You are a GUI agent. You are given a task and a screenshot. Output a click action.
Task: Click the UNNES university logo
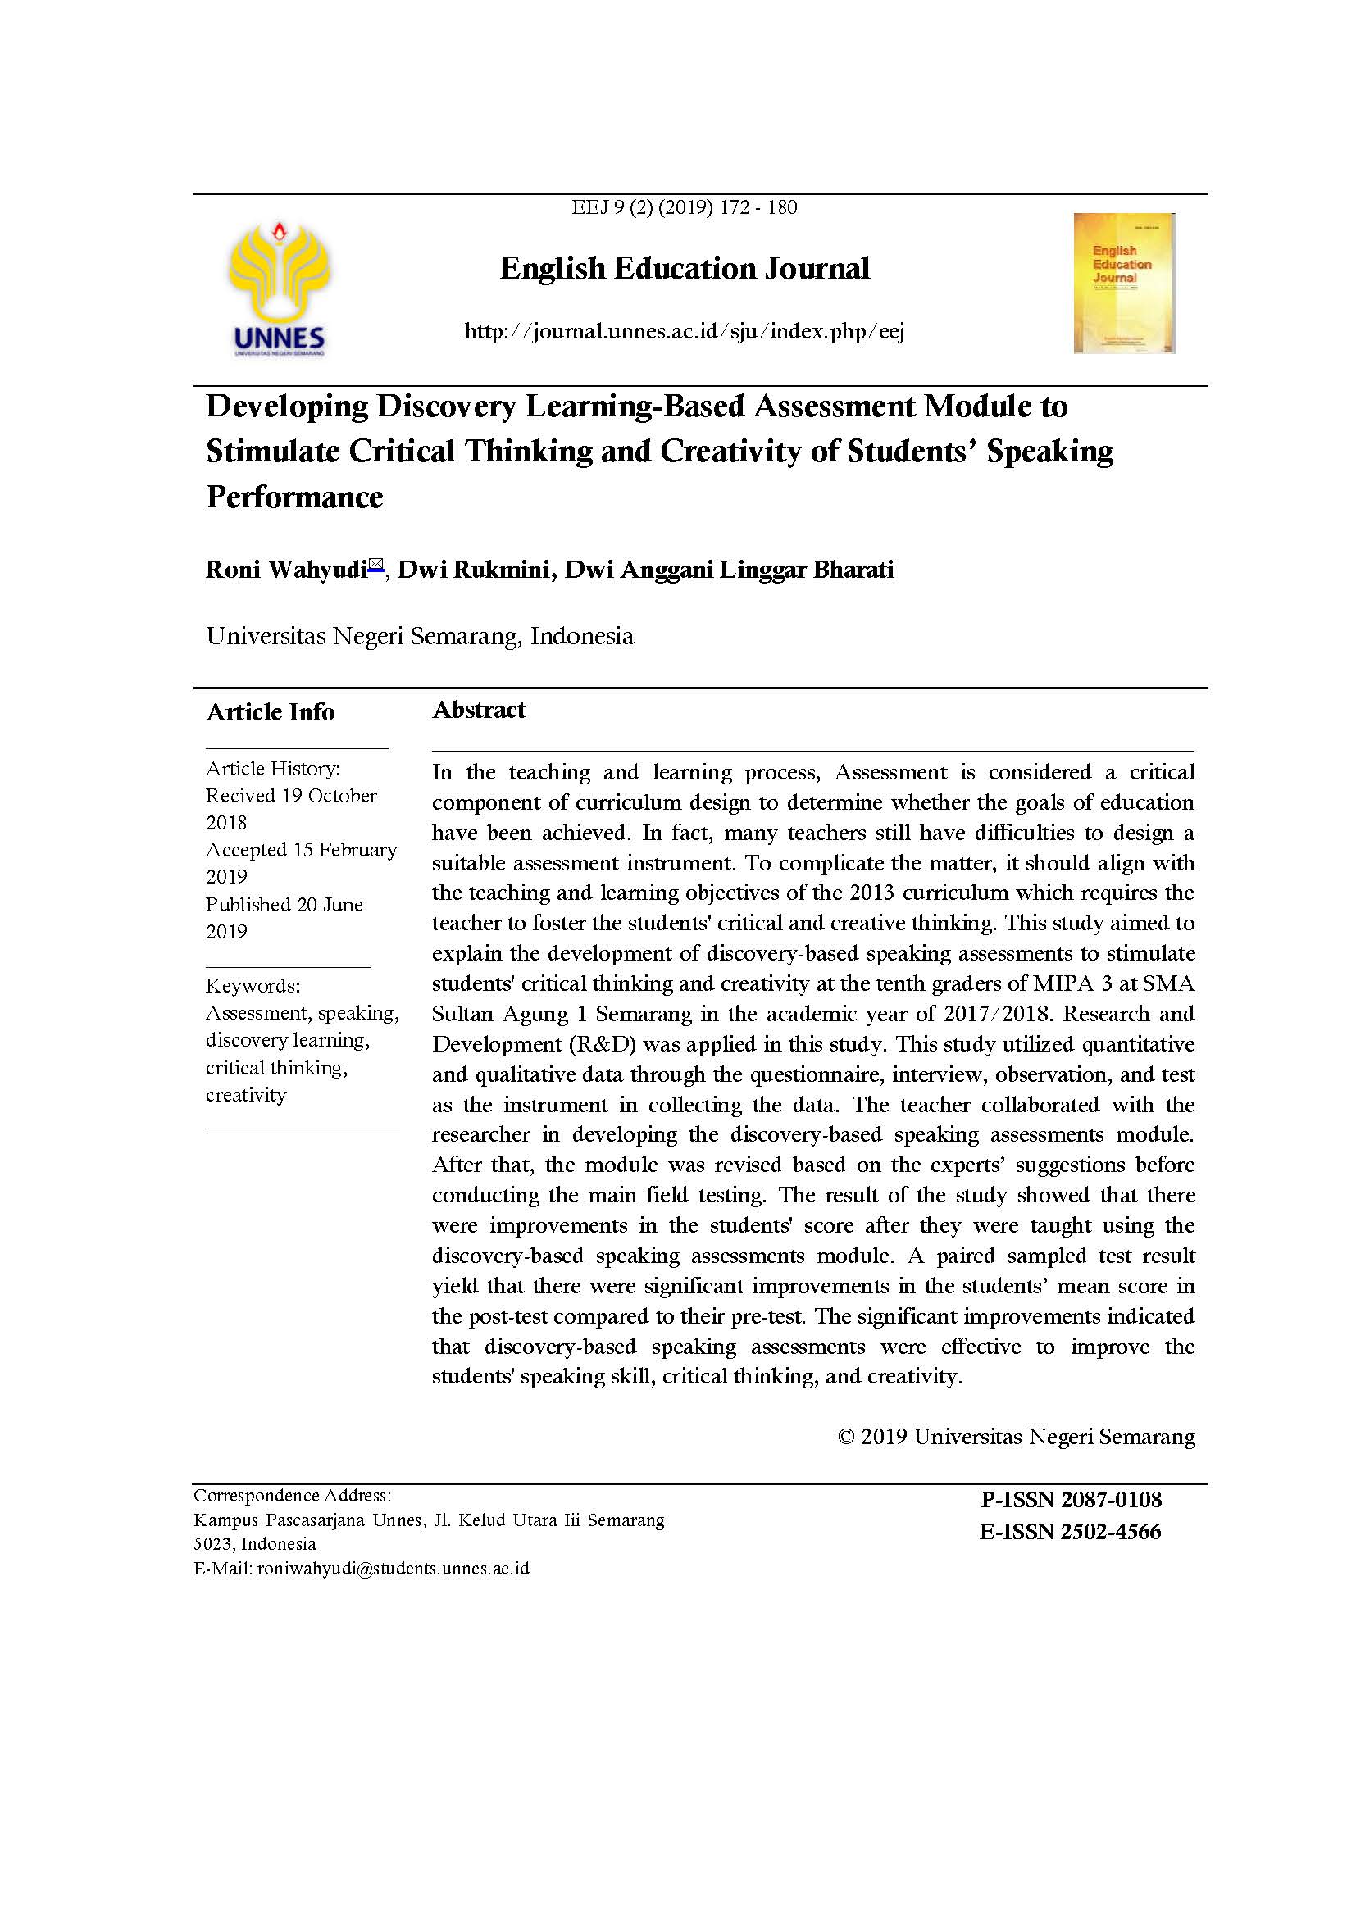coord(279,288)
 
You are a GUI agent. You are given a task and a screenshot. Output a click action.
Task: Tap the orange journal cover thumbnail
coord(1124,283)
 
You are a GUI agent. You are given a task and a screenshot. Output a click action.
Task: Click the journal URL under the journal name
coord(684,331)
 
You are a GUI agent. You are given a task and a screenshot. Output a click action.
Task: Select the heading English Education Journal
coord(685,269)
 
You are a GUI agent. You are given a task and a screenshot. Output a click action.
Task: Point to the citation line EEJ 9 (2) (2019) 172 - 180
coord(684,207)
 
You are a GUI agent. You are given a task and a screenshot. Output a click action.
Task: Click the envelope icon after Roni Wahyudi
coord(375,566)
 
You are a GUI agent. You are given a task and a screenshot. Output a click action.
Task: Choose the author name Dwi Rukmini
coord(473,570)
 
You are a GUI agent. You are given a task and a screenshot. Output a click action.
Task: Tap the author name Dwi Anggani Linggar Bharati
coord(729,570)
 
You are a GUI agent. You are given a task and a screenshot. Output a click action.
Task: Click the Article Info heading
coord(271,712)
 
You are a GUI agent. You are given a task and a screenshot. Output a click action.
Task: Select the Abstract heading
coord(480,710)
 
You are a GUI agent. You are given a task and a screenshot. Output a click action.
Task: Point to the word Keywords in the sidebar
coord(253,985)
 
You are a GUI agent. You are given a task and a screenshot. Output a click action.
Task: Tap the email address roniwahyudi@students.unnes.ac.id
coord(394,1568)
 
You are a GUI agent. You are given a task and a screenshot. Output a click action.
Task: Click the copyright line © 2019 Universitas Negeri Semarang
coord(1016,1436)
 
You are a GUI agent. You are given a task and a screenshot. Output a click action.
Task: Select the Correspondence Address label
coord(292,1496)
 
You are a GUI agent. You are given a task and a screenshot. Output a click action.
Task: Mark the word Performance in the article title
coord(295,497)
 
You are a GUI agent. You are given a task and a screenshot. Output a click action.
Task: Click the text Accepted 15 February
coord(302,849)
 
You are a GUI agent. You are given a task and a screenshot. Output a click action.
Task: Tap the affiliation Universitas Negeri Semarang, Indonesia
coord(420,636)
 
